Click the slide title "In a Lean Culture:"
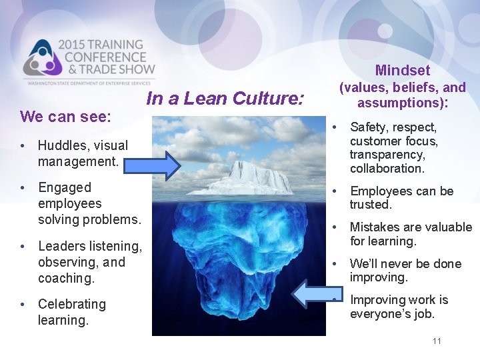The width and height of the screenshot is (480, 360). [225, 99]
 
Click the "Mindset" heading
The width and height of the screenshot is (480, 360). [402, 70]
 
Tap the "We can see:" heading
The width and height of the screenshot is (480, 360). [65, 117]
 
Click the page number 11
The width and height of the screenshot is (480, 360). [437, 341]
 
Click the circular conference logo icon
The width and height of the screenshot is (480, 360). [41, 59]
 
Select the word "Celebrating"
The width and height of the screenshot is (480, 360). [71, 304]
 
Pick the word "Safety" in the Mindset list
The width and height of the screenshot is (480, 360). [367, 127]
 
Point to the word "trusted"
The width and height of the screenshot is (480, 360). [370, 205]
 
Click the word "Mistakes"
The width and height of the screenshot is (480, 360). [374, 227]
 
